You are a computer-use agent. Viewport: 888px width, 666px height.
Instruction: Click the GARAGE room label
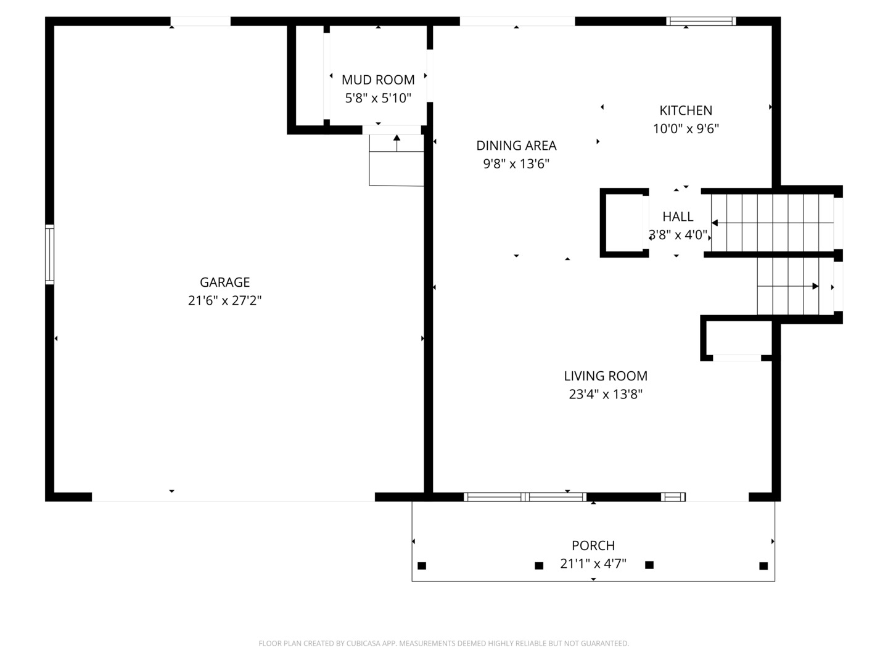pos(224,282)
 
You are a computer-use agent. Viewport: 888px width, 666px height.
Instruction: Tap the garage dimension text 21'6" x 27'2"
pos(224,300)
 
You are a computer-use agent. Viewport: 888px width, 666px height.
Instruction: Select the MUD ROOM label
pos(378,80)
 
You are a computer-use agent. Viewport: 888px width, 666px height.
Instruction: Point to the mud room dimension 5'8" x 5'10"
pos(378,98)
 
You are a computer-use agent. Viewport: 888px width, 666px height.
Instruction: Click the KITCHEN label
pos(686,110)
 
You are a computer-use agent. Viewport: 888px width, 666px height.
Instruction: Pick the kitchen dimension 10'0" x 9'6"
pos(686,129)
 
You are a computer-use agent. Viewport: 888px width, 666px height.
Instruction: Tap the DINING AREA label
pos(516,146)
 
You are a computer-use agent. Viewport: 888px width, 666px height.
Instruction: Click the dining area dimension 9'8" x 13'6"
pos(516,164)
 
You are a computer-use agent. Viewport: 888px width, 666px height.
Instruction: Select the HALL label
pos(678,216)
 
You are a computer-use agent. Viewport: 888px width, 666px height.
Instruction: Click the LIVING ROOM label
pos(606,376)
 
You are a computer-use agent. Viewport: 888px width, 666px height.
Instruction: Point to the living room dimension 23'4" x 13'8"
pos(606,394)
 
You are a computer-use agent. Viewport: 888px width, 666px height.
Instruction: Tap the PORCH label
pos(593,546)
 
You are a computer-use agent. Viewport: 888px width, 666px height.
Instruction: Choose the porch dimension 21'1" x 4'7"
pos(593,564)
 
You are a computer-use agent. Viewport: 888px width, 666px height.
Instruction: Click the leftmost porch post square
pos(422,565)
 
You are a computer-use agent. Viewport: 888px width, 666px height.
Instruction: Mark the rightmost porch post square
pos(763,565)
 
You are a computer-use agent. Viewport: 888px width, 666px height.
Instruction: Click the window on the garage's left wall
pos(49,254)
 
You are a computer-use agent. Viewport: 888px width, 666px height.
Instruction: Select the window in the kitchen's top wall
pos(701,21)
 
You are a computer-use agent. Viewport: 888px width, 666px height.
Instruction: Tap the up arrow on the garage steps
pos(397,143)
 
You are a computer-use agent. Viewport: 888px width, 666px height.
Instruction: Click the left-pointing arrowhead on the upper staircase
pos(715,223)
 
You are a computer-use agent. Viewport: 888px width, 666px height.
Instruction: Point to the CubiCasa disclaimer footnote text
pos(444,643)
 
